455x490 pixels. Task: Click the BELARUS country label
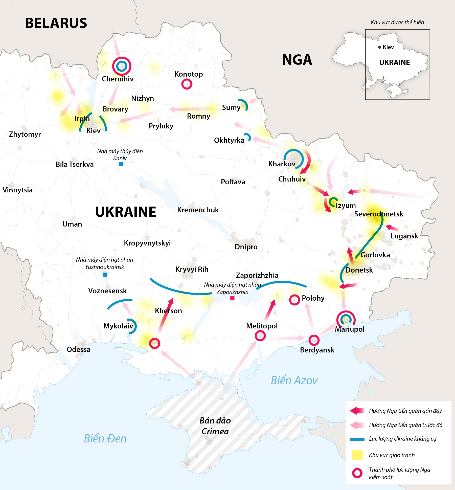56,23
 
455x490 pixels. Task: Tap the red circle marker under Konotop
187,84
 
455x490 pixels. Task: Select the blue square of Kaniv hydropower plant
121,164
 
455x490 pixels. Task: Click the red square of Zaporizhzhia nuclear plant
232,298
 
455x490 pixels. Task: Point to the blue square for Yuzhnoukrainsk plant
105,275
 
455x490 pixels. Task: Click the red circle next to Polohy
294,300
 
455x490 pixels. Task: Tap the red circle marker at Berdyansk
314,340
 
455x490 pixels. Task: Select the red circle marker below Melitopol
260,336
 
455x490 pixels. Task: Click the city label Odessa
78,349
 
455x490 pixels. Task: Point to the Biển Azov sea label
294,381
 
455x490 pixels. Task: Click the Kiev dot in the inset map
380,47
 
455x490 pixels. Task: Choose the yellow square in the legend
357,455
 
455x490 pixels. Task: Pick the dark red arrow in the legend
357,411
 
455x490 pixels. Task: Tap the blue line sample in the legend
357,439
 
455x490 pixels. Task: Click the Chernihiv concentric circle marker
122,66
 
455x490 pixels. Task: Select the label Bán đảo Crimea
215,426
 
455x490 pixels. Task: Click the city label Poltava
233,182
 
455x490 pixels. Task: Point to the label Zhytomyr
25,134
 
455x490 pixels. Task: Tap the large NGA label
297,60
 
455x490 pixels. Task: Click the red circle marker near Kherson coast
154,343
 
